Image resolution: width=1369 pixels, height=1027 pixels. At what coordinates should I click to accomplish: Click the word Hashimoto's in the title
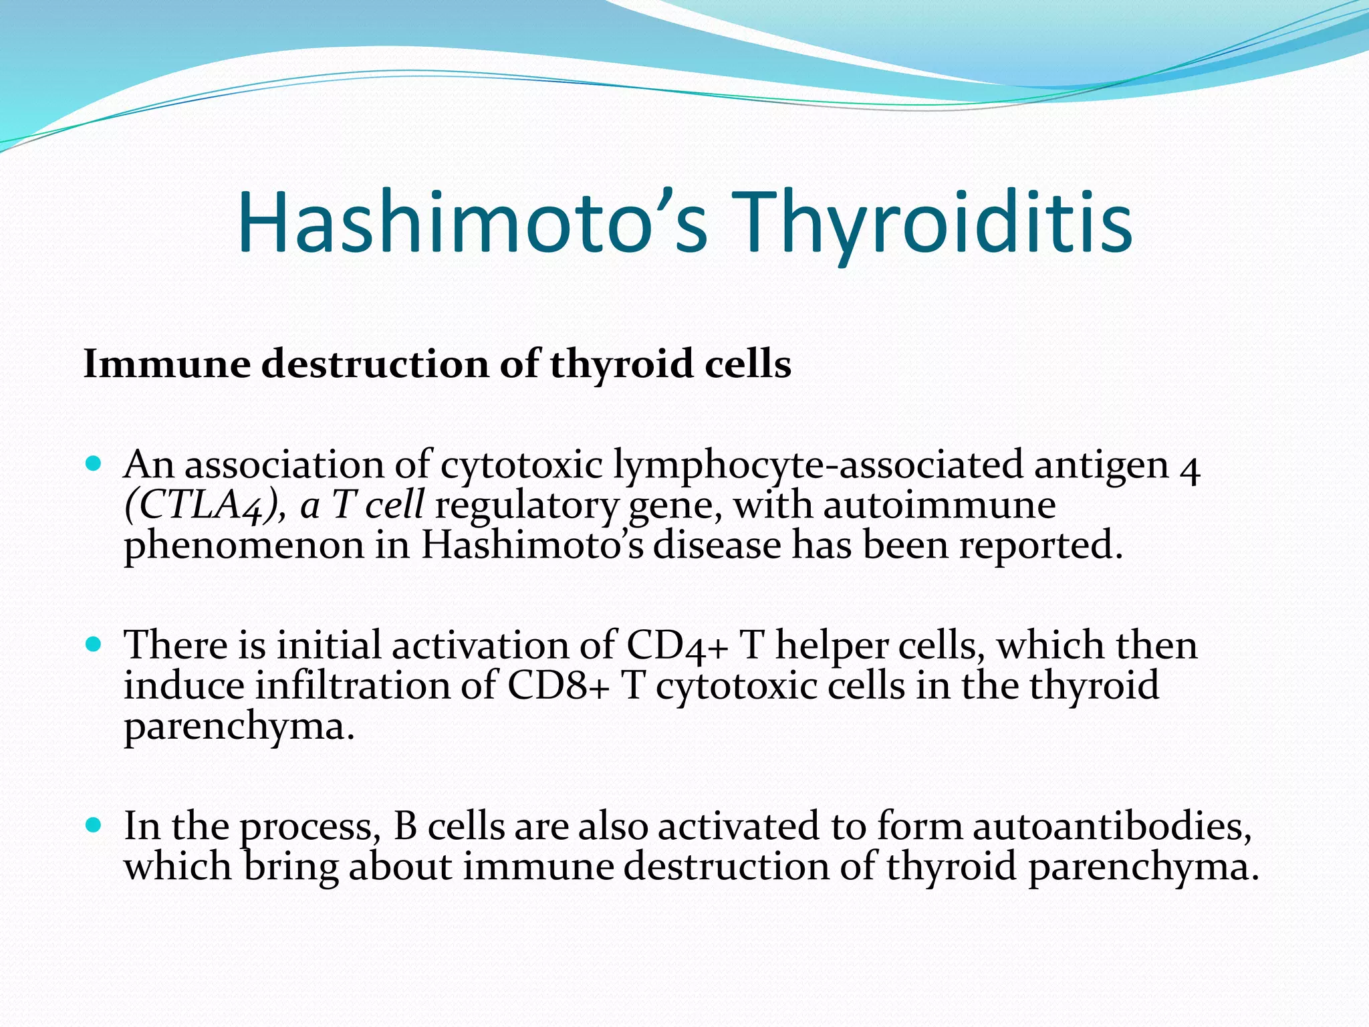click(471, 223)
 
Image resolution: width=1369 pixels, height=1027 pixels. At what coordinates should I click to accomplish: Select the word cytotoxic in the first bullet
click(521, 465)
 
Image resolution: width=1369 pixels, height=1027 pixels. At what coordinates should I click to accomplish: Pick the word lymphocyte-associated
click(818, 465)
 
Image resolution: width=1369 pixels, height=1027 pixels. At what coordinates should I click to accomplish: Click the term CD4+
click(676, 646)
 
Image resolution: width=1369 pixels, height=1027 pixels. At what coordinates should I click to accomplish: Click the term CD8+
click(559, 686)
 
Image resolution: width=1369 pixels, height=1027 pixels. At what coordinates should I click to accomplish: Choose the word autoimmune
click(939, 505)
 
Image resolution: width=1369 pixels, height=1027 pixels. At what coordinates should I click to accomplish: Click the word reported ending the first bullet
click(1040, 545)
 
